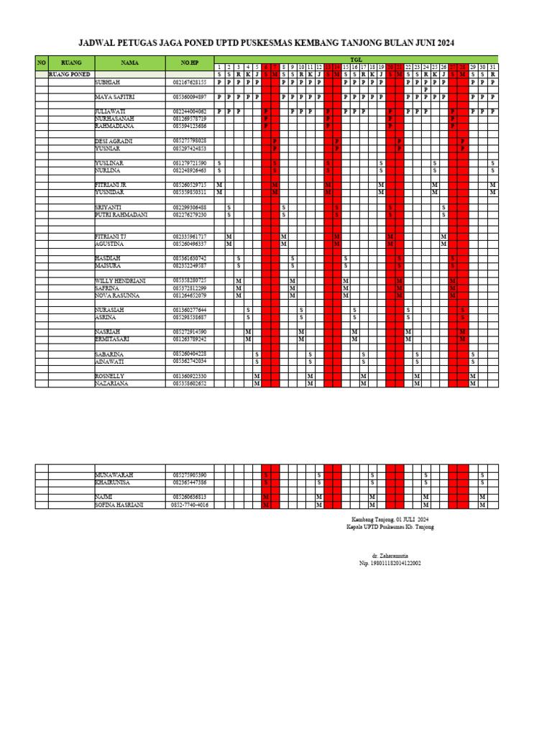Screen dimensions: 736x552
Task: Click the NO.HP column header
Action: click(190, 63)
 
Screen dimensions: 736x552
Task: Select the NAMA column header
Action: click(129, 63)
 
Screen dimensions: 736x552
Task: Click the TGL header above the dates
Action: click(356, 60)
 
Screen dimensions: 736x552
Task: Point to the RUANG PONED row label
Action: click(69, 74)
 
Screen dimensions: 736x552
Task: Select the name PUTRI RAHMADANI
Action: click(121, 215)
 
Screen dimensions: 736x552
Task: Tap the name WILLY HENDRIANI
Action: click(120, 280)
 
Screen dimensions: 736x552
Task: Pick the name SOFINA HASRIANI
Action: click(119, 505)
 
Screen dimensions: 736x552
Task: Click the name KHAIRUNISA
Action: click(113, 483)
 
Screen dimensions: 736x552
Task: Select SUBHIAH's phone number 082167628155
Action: click(190, 82)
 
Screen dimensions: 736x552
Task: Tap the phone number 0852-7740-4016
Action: click(190, 505)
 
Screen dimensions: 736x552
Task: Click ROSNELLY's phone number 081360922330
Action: click(190, 377)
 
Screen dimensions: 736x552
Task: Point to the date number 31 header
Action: click(492, 67)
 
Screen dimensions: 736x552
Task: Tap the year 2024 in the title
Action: click(444, 43)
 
